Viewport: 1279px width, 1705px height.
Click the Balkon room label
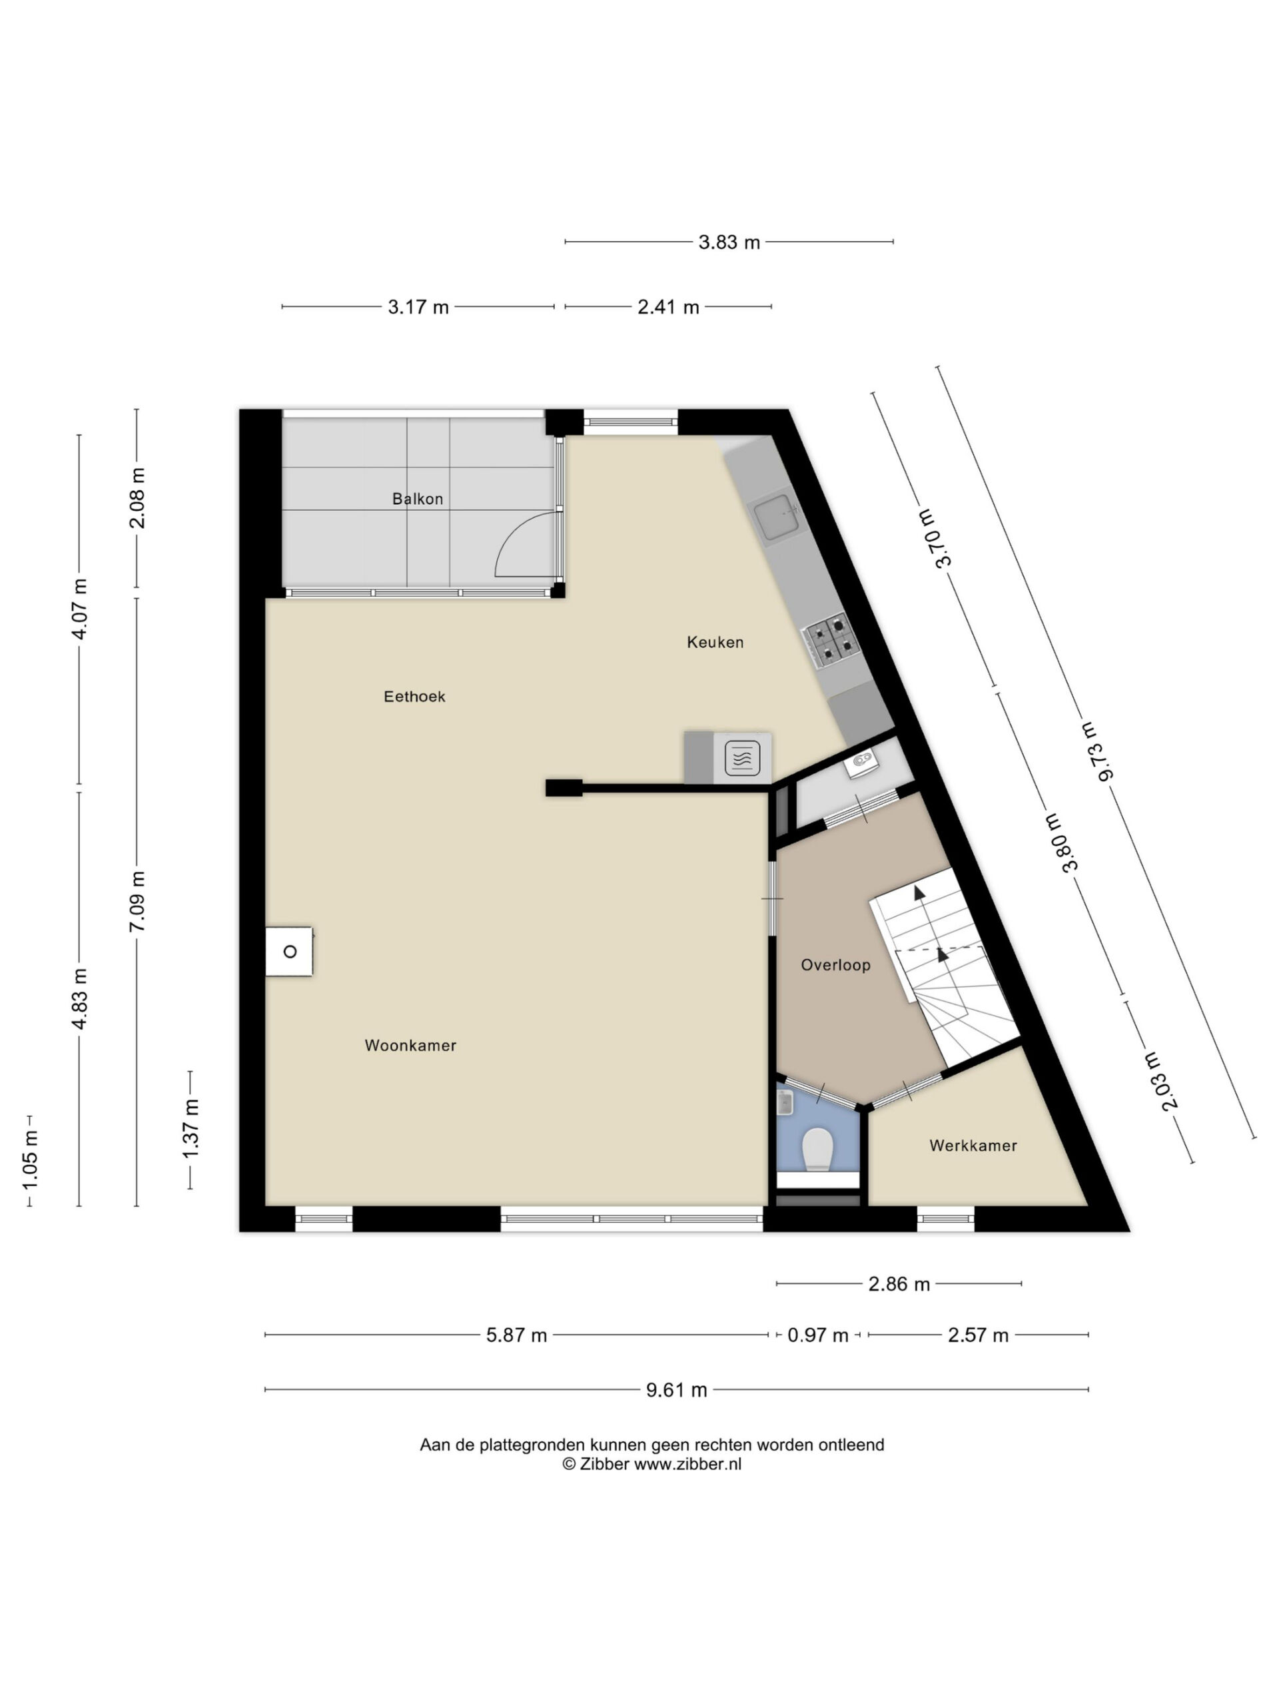(417, 499)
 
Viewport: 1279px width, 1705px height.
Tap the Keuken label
(715, 642)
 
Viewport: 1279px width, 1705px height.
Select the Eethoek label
(414, 697)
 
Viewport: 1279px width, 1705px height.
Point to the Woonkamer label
(410, 1046)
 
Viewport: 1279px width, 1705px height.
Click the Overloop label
(835, 965)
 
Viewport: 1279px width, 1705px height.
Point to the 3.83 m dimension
(729, 242)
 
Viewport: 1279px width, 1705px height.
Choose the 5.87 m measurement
(516, 1335)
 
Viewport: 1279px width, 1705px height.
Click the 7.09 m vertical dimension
(137, 902)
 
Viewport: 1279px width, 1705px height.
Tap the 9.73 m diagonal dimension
(1096, 751)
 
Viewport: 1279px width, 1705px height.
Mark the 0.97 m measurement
(817, 1335)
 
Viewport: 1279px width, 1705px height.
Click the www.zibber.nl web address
(687, 1465)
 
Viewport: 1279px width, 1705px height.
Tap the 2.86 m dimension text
(899, 1284)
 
